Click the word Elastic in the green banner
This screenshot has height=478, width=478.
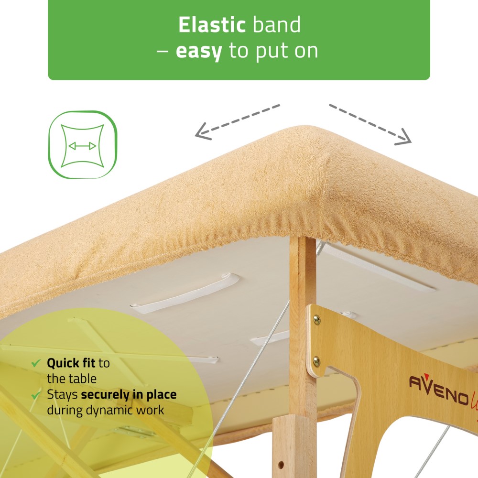click(x=212, y=25)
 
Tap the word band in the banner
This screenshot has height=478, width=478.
click(x=277, y=25)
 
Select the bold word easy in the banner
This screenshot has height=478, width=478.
click(x=199, y=51)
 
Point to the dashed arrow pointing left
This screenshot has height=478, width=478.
click(x=237, y=122)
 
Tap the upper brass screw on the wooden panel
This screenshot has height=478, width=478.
click(x=316, y=319)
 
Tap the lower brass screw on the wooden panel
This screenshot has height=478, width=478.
click(x=316, y=361)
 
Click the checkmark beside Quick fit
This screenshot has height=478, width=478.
click(x=36, y=363)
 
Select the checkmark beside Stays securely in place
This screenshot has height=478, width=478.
click(x=36, y=395)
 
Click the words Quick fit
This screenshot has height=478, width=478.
click(x=71, y=363)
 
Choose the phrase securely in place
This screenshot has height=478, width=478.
click(x=129, y=395)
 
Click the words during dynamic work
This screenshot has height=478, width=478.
click(x=106, y=410)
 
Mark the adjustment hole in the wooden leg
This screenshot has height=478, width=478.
click(x=281, y=465)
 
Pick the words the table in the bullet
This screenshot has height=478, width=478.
click(x=72, y=379)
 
